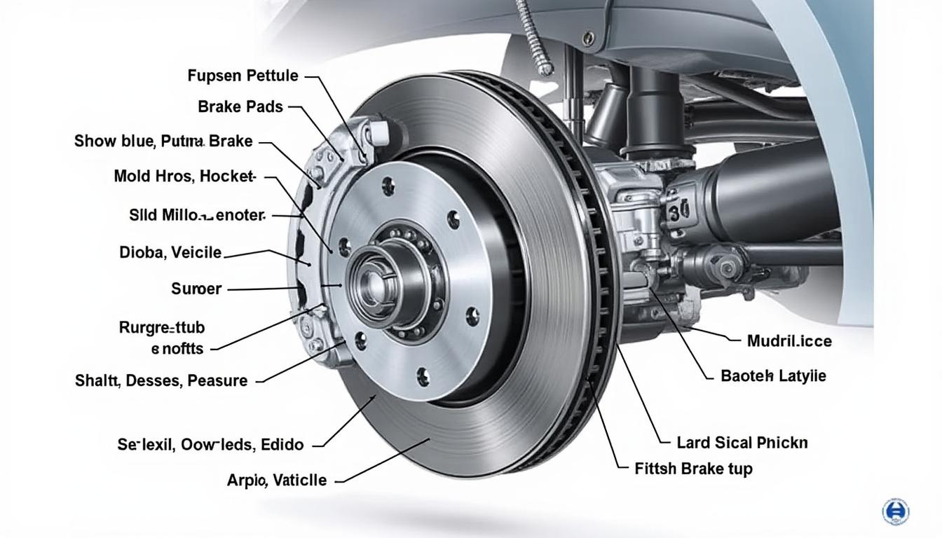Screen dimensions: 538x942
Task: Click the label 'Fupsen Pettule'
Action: point(243,76)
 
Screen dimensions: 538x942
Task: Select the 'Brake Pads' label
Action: point(240,107)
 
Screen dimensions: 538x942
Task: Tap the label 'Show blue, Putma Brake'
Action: point(163,142)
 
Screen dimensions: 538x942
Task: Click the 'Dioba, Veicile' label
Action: point(170,253)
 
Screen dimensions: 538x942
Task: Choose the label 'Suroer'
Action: point(196,289)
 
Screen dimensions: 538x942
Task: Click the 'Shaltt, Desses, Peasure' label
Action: point(161,381)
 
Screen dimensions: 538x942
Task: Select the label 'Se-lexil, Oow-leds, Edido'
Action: point(210,444)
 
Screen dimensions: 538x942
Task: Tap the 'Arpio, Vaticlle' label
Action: point(276,481)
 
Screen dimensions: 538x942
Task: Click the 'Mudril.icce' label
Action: point(789,341)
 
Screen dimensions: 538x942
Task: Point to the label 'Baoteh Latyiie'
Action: point(773,376)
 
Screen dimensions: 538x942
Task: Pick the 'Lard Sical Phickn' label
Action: point(742,443)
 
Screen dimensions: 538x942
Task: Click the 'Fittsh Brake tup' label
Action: point(693,469)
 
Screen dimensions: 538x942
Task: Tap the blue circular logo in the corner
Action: point(895,511)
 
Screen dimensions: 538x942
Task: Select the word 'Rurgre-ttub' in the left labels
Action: point(162,327)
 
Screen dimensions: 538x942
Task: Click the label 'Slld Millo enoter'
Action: point(197,215)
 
